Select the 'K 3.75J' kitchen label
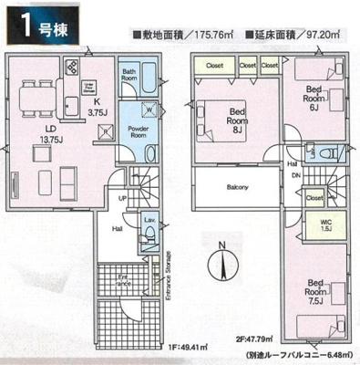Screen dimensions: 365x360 pos(94,108)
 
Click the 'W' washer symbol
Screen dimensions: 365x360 pos(149,111)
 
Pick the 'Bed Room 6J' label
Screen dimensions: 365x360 pos(313,97)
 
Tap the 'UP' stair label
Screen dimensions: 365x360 pos(121,196)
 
